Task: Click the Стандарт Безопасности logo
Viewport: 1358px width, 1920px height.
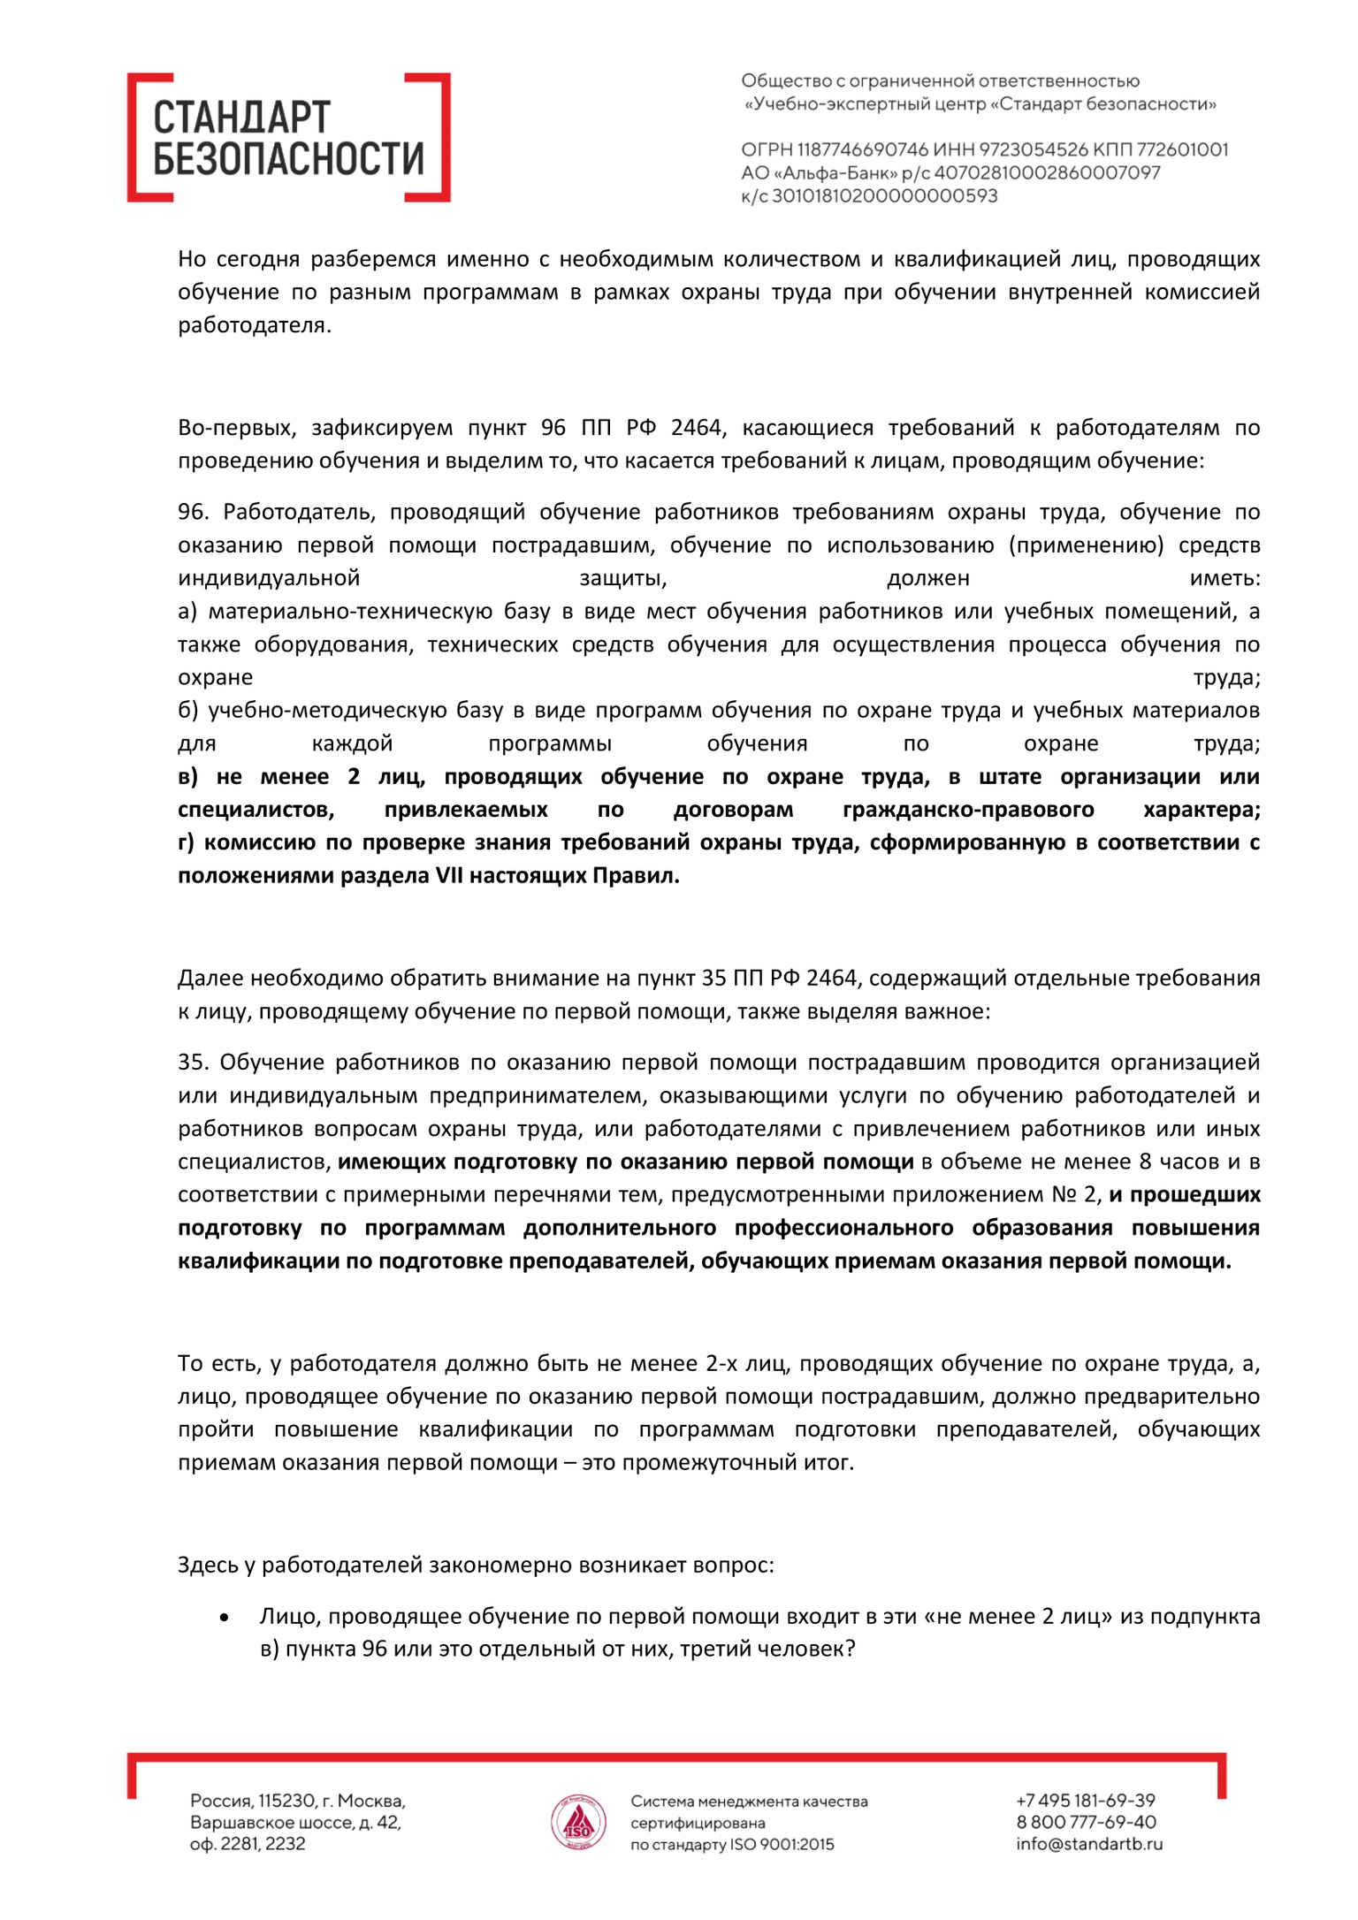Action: point(288,138)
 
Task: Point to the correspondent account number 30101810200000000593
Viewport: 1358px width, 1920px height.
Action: point(884,196)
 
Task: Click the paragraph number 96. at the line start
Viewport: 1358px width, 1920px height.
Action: point(195,513)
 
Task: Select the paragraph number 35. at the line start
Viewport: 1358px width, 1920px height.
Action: point(194,1063)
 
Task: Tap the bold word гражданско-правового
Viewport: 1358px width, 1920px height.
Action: point(968,810)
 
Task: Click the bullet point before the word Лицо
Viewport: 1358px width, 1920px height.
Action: point(225,1618)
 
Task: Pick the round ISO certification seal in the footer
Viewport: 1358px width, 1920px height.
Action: point(578,1823)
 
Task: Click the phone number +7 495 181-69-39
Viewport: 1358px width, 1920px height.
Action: point(1086,1801)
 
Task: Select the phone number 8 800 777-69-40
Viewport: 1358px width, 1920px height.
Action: point(1086,1823)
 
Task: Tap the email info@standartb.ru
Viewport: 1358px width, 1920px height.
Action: point(1089,1845)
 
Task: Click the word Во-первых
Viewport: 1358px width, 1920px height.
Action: point(231,429)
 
